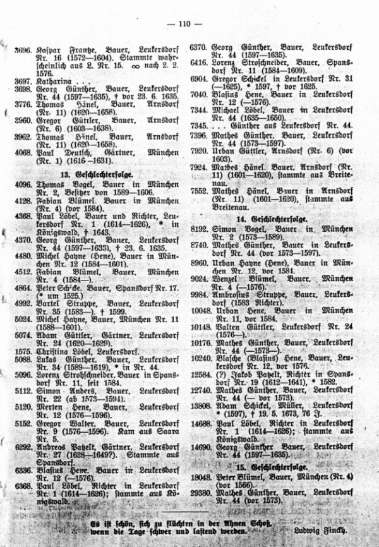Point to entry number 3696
tap(23, 47)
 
